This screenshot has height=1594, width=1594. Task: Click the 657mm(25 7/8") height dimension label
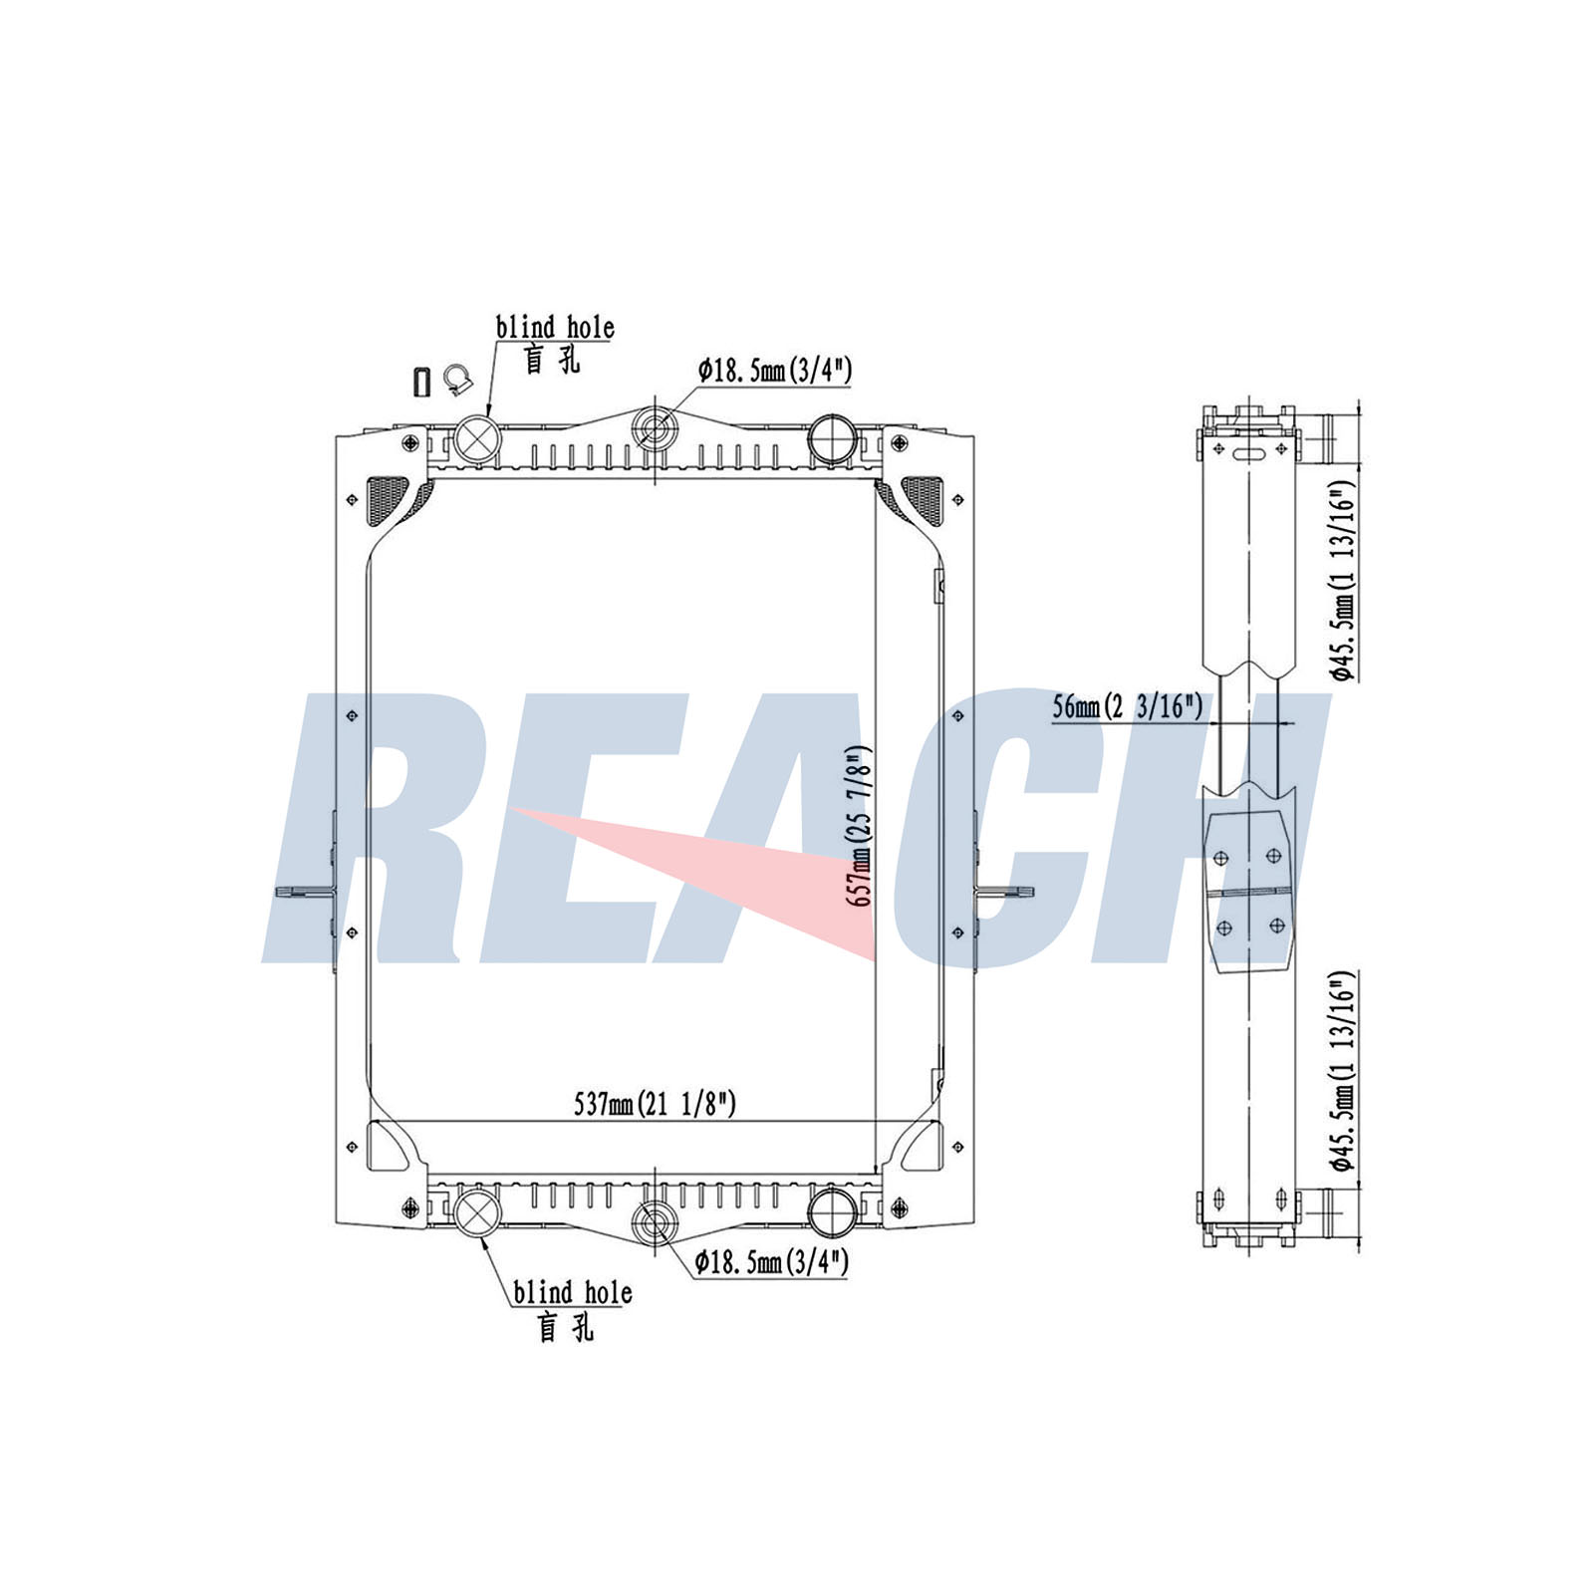pos(862,826)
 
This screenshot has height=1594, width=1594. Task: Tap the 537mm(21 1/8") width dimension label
pos(656,1104)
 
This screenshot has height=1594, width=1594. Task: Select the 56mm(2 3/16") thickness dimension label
pos(1128,706)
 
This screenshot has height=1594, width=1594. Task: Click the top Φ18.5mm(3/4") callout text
pos(775,371)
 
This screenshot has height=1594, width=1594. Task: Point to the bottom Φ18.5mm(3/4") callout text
pos(772,1262)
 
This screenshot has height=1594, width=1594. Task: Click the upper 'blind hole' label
pos(555,327)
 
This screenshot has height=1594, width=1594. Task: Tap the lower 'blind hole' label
pos(573,1292)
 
